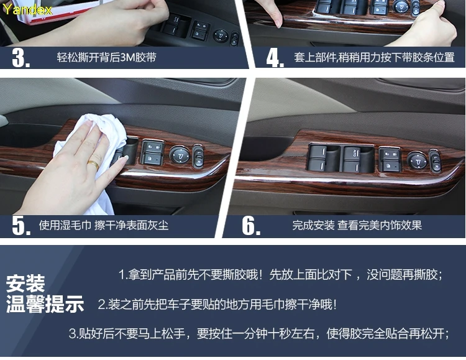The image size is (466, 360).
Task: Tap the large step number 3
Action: tap(21, 57)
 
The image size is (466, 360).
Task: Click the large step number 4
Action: tap(275, 57)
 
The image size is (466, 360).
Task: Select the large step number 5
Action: tap(21, 226)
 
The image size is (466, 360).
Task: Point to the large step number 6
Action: tap(251, 226)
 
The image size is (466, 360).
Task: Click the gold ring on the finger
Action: tap(93, 165)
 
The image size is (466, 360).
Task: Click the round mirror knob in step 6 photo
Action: tap(417, 160)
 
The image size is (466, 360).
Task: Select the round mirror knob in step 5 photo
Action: tap(180, 155)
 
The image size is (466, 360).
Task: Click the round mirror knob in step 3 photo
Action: tap(221, 35)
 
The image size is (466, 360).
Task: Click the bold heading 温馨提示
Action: tap(45, 304)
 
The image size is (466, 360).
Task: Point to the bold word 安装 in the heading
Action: tap(25, 284)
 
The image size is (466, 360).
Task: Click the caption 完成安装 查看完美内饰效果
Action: tap(357, 225)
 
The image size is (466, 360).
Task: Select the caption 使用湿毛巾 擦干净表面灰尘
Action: tap(104, 225)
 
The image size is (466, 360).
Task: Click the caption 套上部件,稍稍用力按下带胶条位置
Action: tap(374, 57)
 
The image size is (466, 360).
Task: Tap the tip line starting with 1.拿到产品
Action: tap(280, 275)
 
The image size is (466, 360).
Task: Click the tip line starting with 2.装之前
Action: tap(217, 305)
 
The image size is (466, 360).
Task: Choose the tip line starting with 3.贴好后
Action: tap(258, 334)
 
